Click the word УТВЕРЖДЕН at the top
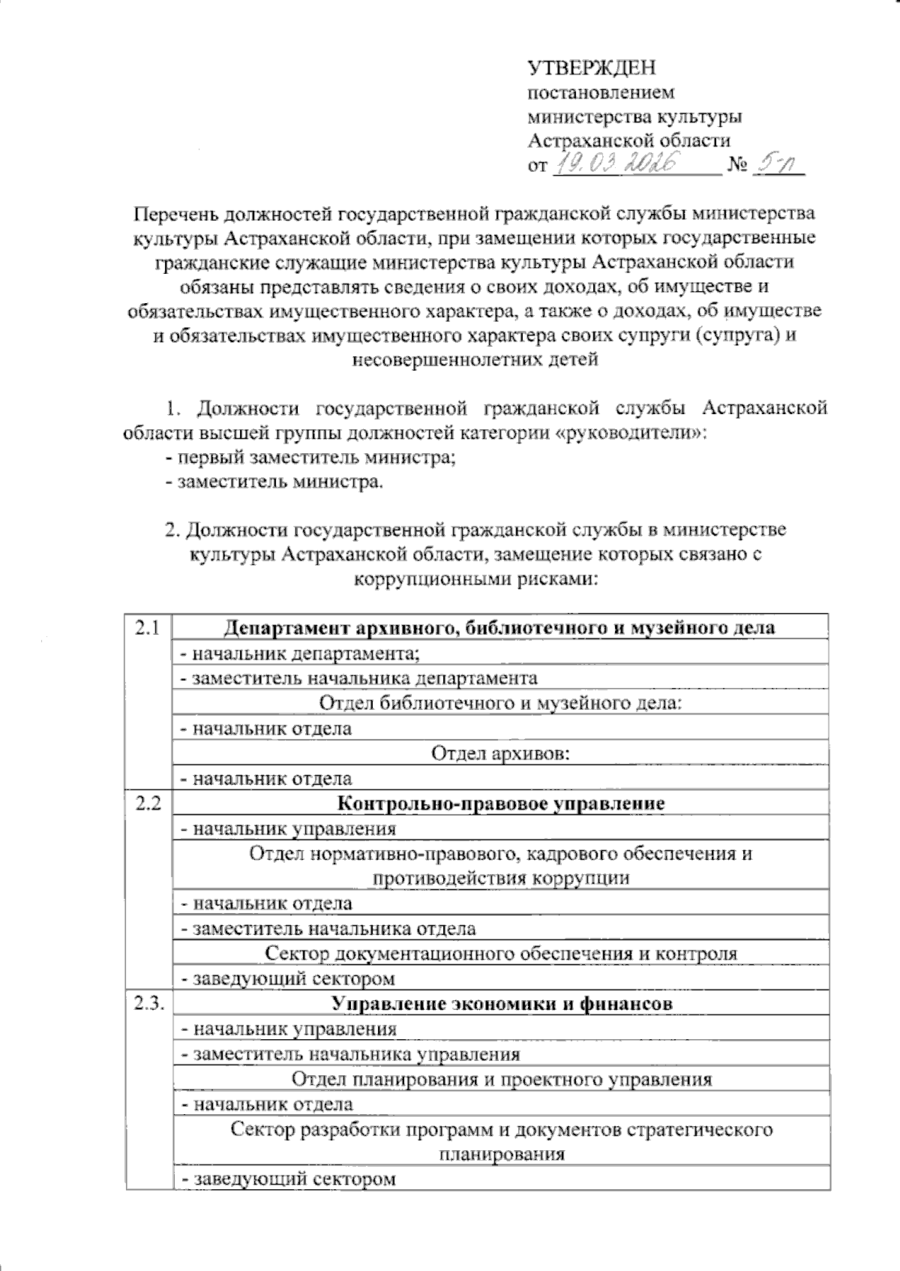pyautogui.click(x=592, y=68)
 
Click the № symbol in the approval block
pyautogui.click(x=737, y=166)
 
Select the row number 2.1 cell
pyautogui.click(x=148, y=628)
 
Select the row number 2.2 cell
pyautogui.click(x=148, y=804)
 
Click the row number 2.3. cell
pyautogui.click(x=149, y=1004)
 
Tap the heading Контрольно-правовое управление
pyautogui.click(x=501, y=804)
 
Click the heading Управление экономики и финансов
pyautogui.click(x=501, y=1004)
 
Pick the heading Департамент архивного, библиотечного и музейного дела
pyautogui.click(x=501, y=628)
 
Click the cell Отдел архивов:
pyautogui.click(x=501, y=753)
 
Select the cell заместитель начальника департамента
pyautogui.click(x=358, y=678)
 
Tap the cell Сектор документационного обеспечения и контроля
pyautogui.click(x=501, y=954)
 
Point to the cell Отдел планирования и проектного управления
pyautogui.click(x=501, y=1079)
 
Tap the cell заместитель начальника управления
pyautogui.click(x=349, y=1054)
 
